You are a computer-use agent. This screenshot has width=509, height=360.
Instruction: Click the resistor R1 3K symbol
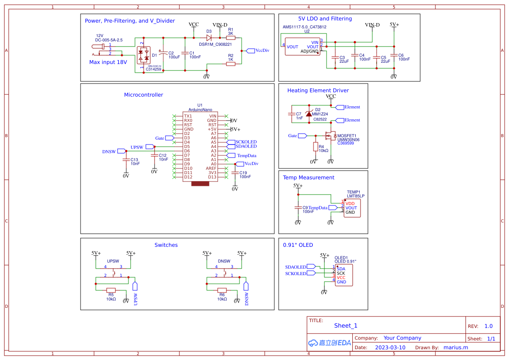coord(231,38)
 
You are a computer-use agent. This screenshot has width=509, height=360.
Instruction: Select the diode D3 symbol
coord(209,38)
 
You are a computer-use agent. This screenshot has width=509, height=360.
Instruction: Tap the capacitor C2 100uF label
coord(174,55)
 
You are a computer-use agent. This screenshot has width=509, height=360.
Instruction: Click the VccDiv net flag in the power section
coord(250,50)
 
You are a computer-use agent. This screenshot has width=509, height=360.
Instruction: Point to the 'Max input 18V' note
coord(108,62)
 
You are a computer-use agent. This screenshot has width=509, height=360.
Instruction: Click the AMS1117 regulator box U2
coord(303,47)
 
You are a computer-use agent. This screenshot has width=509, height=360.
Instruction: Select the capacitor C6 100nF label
coord(404,57)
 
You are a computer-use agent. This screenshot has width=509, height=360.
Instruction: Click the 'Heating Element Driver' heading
coord(318,91)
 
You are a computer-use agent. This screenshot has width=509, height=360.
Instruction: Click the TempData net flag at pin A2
coord(231,155)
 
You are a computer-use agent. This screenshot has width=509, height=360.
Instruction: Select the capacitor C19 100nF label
coord(245,175)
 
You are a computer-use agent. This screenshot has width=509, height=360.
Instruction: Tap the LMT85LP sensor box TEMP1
coord(353,208)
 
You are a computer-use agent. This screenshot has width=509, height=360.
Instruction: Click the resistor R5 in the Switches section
coord(111,290)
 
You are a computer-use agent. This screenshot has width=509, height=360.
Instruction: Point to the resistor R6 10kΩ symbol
coord(222,290)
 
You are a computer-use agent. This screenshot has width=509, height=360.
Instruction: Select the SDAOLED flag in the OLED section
coord(312,267)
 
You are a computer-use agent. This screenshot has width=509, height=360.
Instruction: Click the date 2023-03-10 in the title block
coord(390,347)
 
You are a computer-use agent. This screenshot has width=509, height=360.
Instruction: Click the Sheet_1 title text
coord(346,326)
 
